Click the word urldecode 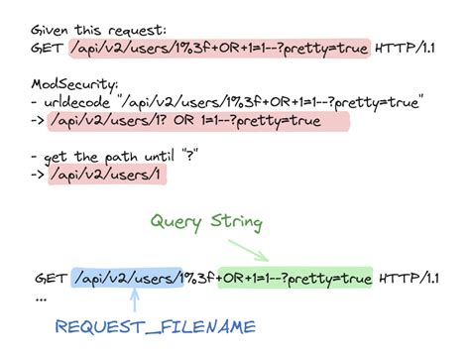pos(82,101)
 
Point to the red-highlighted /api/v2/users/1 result pos(112,176)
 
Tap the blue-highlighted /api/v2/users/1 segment pos(128,277)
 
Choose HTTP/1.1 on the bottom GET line pos(410,277)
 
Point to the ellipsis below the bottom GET pos(41,297)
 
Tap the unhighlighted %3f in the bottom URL pos(200,277)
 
